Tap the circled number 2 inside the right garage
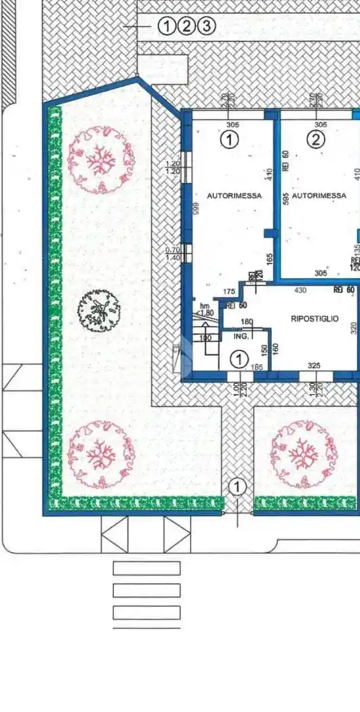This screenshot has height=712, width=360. tap(316, 140)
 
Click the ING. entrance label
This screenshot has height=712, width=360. tap(241, 335)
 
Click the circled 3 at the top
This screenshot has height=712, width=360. tap(207, 26)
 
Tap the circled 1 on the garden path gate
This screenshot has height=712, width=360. tap(237, 486)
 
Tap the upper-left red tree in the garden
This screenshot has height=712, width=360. tap(100, 159)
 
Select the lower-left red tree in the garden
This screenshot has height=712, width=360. tap(100, 454)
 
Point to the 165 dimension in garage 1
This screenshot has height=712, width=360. tap(269, 258)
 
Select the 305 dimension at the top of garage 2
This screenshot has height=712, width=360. tap(321, 124)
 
